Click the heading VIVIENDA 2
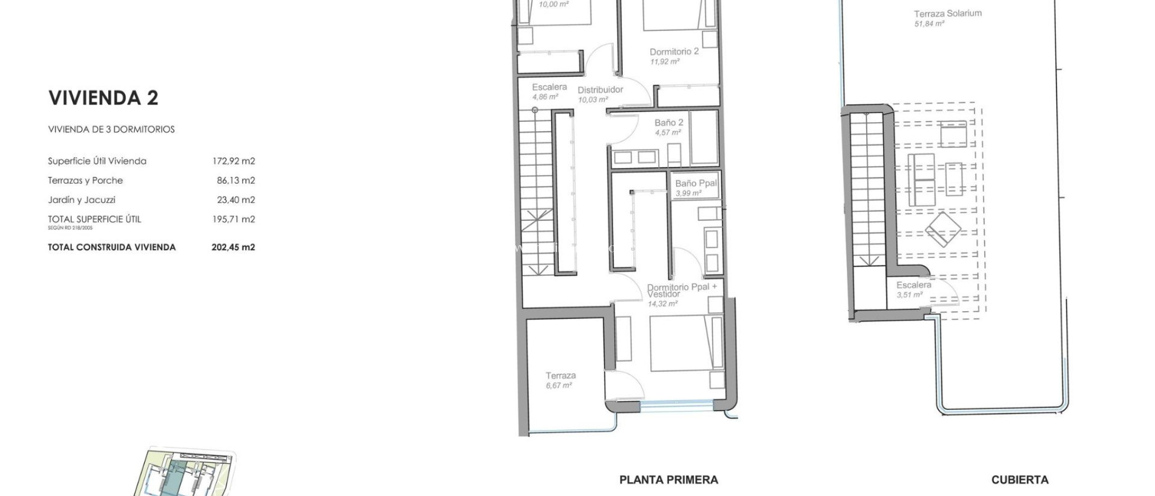pyautogui.click(x=103, y=98)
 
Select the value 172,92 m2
pyautogui.click(x=233, y=161)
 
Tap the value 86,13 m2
pyautogui.click(x=236, y=180)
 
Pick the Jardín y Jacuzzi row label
pyautogui.click(x=82, y=200)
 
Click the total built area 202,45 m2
pyautogui.click(x=233, y=247)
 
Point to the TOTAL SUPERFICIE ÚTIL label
pyautogui.click(x=94, y=219)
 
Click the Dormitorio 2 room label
pyautogui.click(x=674, y=52)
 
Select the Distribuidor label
pyautogui.click(x=600, y=90)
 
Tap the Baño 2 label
pyautogui.click(x=669, y=123)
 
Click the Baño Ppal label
pyautogui.click(x=696, y=183)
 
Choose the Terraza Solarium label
pyautogui.click(x=947, y=14)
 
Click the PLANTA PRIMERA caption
pyautogui.click(x=668, y=480)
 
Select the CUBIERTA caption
pyautogui.click(x=1020, y=480)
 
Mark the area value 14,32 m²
pyautogui.click(x=662, y=304)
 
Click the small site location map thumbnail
pyautogui.click(x=185, y=472)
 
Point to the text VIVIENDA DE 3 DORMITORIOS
pyautogui.click(x=111, y=130)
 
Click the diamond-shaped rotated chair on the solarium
pyautogui.click(x=943, y=229)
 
